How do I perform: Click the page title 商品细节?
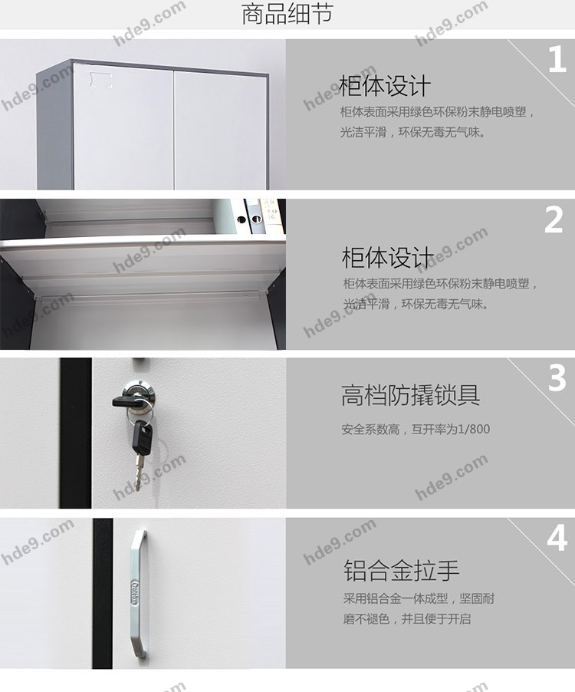pos(287,14)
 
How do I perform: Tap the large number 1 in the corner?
pos(557,60)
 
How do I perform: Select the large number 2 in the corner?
pos(554,219)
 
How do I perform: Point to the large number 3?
pos(557,377)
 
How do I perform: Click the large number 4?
pos(557,538)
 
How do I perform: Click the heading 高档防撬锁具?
pos(410,395)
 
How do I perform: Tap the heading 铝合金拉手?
pos(401,570)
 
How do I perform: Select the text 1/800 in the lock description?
pos(474,429)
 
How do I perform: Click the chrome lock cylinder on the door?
pos(140,391)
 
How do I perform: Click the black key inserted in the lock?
pos(127,400)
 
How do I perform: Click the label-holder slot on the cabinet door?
pos(101,80)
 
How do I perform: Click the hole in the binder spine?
pos(241,219)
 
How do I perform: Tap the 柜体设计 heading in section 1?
pos(385,86)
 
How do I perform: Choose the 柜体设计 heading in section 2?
pos(388,257)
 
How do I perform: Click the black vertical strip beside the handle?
pos(103,593)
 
